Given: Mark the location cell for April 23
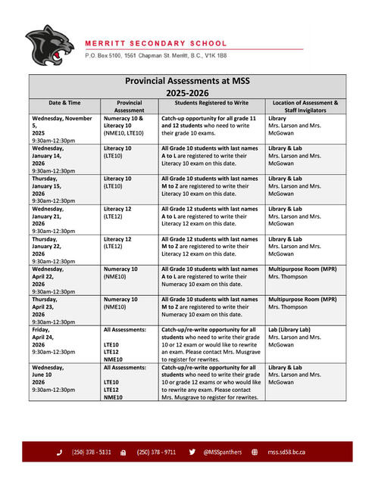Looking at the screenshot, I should click(302, 303).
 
